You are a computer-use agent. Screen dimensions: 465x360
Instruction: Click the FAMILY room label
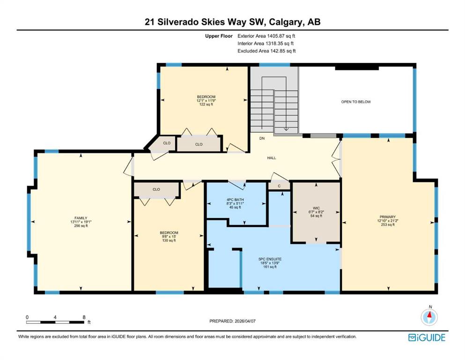point(81,218)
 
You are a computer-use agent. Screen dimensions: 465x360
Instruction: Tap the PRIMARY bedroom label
point(388,217)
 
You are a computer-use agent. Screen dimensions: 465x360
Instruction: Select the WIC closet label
point(316,208)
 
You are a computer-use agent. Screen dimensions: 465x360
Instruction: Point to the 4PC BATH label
point(235,200)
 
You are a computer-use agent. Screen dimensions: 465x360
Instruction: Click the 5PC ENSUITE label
point(270,259)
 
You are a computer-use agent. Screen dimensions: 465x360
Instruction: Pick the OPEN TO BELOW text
point(356,102)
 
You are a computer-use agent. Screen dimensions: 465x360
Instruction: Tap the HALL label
point(272,158)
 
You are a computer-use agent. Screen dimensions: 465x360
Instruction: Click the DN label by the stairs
point(262,138)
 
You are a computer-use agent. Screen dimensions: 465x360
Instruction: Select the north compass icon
point(429,317)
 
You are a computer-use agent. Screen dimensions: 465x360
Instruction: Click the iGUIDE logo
point(427,337)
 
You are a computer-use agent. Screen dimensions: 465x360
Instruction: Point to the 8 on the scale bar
point(84,317)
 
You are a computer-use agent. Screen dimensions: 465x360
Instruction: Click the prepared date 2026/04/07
point(245,321)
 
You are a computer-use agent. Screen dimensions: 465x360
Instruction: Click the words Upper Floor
point(219,36)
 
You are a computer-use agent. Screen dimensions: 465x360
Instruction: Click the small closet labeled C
point(279,186)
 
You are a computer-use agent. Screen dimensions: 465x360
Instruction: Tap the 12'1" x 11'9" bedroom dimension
point(206,101)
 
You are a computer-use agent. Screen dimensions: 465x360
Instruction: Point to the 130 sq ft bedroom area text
point(169,240)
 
